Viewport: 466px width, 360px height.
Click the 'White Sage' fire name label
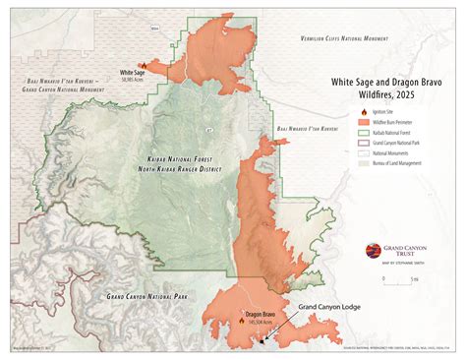[x=133, y=72]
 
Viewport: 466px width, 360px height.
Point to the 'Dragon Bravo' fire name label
[x=261, y=315]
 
